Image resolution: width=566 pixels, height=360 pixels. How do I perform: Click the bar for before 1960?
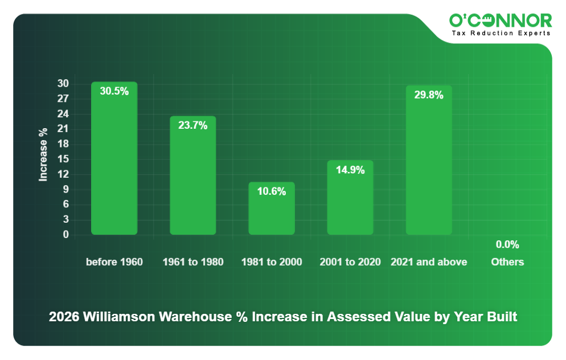pos(114,165)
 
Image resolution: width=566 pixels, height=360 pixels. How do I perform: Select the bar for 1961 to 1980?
pos(192,182)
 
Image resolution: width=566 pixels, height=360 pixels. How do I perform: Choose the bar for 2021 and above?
pos(428,165)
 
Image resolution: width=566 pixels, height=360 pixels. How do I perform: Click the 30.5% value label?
pos(114,91)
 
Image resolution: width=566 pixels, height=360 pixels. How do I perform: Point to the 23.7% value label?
pos(192,126)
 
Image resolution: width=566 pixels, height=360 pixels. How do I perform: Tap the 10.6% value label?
pos(271,192)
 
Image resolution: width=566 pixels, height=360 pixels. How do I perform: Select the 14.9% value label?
pos(350,170)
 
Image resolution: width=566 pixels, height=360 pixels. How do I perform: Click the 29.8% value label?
pos(428,95)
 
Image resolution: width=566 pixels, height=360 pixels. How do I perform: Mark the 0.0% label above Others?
pos(507,245)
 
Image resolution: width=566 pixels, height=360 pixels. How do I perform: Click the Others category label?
pos(507,262)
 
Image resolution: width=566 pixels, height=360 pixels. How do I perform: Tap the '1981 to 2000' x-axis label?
pos(271,262)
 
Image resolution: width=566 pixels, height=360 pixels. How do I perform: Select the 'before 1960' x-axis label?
pos(114,262)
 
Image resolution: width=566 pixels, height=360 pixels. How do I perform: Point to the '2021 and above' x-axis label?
pos(428,262)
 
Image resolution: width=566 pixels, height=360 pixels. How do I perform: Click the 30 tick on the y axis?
pos(63,84)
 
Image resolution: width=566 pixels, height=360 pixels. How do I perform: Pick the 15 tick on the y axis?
pos(63,159)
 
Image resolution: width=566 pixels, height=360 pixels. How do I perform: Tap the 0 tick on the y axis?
pos(65,235)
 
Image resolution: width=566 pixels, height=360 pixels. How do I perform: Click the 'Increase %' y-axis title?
pos(43,154)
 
